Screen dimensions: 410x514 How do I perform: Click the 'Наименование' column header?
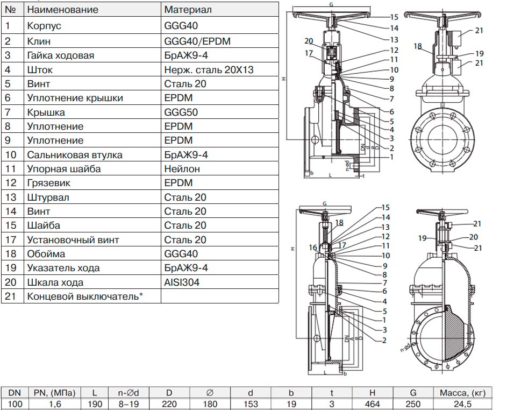coord(62,10)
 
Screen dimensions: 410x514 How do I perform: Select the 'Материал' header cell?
coord(188,10)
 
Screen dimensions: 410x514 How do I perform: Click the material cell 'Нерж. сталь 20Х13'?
coord(209,69)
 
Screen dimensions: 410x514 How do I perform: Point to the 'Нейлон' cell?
coord(182,169)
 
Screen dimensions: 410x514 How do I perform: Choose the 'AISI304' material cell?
coord(182,282)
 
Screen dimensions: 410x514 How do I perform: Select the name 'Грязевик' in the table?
coord(48,183)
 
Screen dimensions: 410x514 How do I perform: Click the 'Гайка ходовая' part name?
coord(60,55)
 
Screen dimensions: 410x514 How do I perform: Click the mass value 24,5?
coord(464,404)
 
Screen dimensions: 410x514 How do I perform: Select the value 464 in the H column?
coord(372,404)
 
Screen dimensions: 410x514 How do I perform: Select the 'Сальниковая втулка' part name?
coord(75,155)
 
